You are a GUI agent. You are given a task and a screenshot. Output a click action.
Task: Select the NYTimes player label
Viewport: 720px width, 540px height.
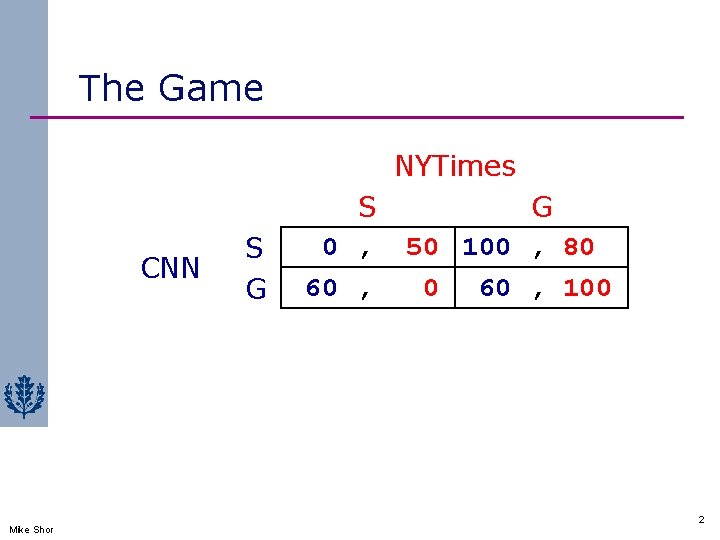[x=455, y=165]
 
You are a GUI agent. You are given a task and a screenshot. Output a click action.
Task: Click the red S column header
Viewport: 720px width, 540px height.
[x=367, y=207]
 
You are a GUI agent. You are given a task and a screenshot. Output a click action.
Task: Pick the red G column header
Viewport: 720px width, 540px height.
[x=542, y=207]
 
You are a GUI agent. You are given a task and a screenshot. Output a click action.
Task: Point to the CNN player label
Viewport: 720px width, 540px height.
[x=171, y=268]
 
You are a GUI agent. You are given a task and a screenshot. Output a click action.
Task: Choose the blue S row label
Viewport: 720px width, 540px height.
[x=255, y=247]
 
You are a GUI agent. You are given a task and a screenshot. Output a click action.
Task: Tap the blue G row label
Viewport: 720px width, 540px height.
[x=256, y=289]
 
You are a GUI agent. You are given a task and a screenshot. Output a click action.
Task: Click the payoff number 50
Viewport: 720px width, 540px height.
[x=422, y=246]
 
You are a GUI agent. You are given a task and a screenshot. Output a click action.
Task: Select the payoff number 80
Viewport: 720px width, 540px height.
[x=579, y=246]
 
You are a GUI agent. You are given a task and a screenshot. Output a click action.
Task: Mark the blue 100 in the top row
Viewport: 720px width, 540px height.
[x=487, y=246]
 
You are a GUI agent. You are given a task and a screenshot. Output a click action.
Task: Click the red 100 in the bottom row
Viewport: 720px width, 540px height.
[x=587, y=288]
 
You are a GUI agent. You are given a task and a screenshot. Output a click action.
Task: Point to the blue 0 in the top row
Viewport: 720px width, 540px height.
[x=329, y=246]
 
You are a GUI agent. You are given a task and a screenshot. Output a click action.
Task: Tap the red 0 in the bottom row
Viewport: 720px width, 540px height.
[x=430, y=288]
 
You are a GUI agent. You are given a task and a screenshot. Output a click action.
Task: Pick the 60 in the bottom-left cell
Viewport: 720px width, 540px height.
[x=321, y=288]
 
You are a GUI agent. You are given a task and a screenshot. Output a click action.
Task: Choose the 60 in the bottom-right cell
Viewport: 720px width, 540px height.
[x=495, y=288]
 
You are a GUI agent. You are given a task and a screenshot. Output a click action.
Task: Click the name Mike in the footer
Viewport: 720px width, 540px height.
[x=19, y=529]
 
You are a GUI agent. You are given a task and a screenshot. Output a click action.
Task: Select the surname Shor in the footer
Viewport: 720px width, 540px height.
[x=43, y=529]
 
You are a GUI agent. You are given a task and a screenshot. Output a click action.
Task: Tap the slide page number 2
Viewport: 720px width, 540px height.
[x=700, y=520]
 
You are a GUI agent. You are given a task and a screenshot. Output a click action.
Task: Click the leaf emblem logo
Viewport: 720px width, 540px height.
[x=23, y=397]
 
